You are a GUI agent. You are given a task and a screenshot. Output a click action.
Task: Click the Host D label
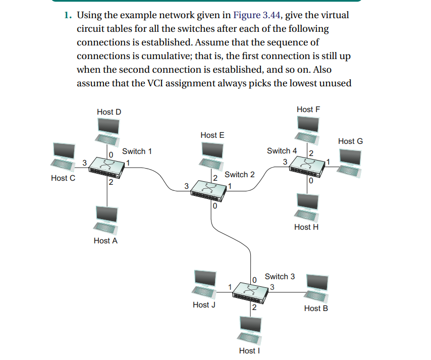109,112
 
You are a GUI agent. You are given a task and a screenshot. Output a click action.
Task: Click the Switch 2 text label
240,175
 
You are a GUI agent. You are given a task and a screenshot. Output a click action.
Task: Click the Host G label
350,141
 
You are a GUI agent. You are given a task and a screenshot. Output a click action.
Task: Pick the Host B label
316,308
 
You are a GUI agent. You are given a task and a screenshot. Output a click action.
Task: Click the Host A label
105,241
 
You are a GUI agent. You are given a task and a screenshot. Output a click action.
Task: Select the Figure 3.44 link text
255,15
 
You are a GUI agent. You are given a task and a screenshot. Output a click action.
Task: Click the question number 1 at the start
67,15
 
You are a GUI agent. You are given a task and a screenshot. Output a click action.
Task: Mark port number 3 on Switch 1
84,162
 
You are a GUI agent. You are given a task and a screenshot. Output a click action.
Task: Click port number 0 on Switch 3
255,279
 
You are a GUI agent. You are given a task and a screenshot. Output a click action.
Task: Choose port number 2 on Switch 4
311,153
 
